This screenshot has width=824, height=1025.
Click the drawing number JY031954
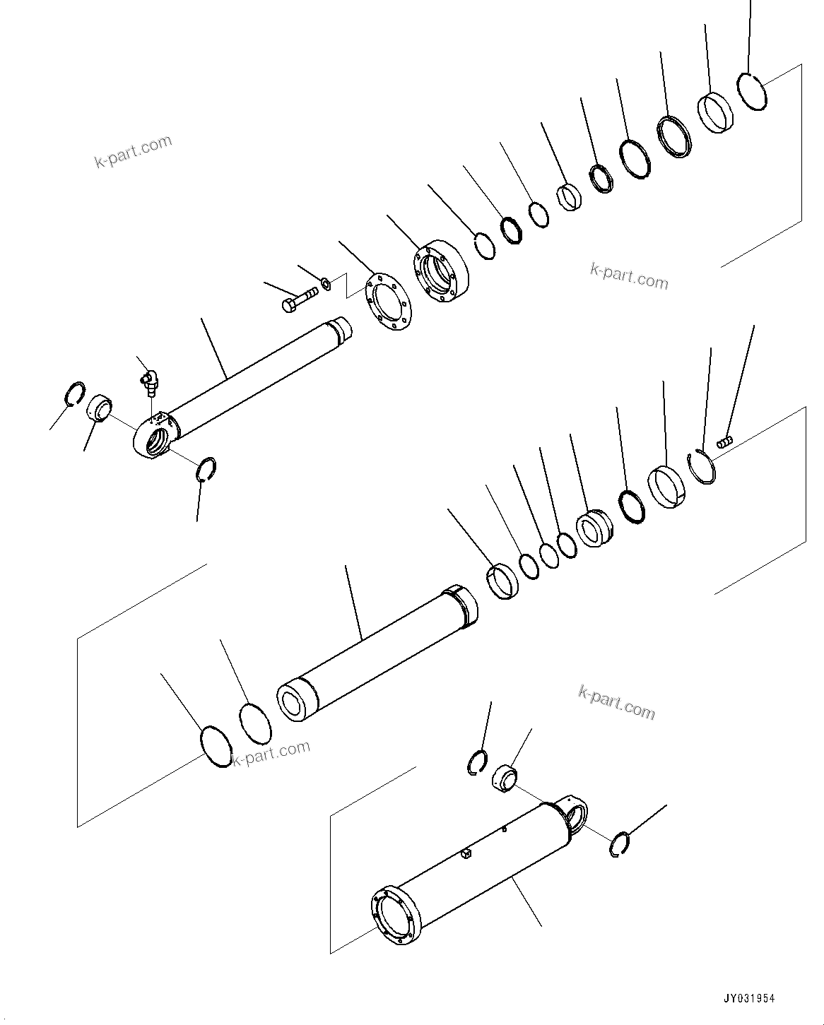[x=748, y=999]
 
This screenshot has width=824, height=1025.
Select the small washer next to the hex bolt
[x=326, y=284]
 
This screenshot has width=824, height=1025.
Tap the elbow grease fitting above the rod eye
[x=148, y=381]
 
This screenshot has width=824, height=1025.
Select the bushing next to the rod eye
[x=99, y=409]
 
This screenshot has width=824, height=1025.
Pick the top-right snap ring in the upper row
[x=753, y=93]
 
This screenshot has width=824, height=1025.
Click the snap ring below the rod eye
[x=206, y=469]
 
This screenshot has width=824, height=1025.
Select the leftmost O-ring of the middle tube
[x=215, y=746]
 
